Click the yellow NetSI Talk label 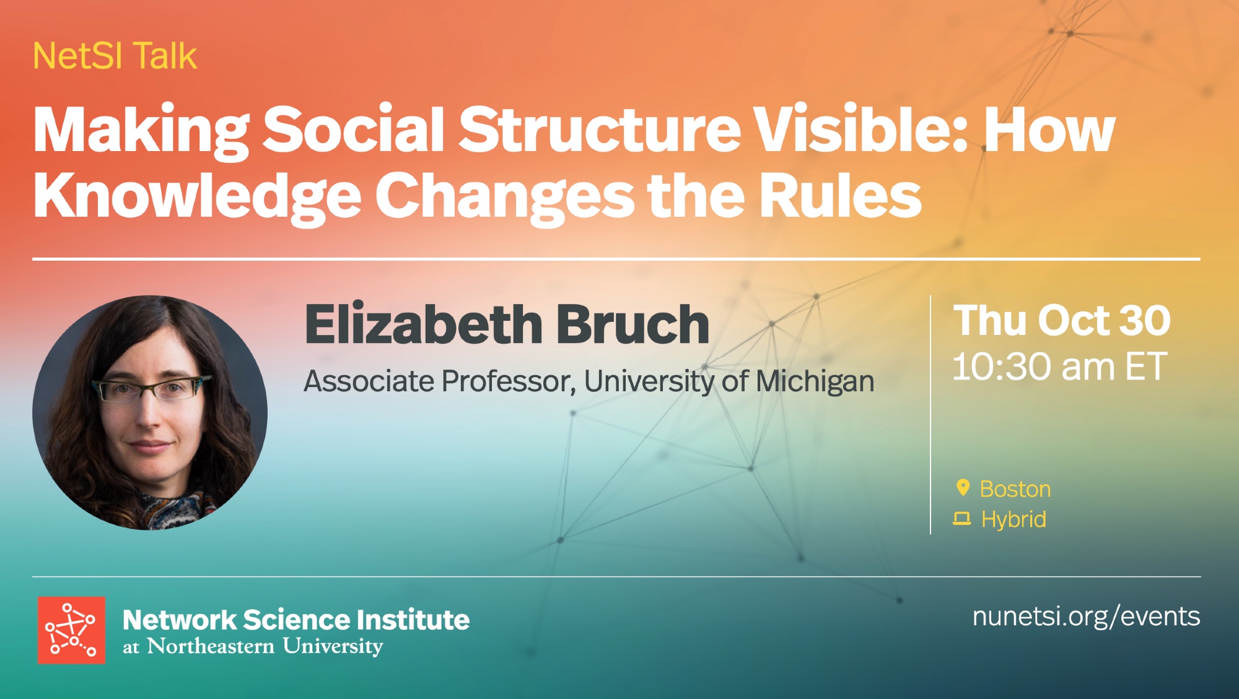pyautogui.click(x=115, y=56)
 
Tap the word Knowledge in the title pyautogui.click(x=197, y=196)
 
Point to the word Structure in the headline pyautogui.click(x=600, y=129)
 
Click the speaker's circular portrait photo pyautogui.click(x=150, y=412)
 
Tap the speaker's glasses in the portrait pyautogui.click(x=152, y=388)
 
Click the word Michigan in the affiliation pyautogui.click(x=815, y=382)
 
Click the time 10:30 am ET pyautogui.click(x=1060, y=367)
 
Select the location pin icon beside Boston pyautogui.click(x=962, y=488)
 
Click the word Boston pyautogui.click(x=1015, y=489)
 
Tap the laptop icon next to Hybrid pyautogui.click(x=961, y=518)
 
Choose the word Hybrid pyautogui.click(x=1014, y=519)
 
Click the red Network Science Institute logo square pyautogui.click(x=71, y=630)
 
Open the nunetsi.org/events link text pyautogui.click(x=1086, y=617)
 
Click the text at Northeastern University pyautogui.click(x=253, y=646)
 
